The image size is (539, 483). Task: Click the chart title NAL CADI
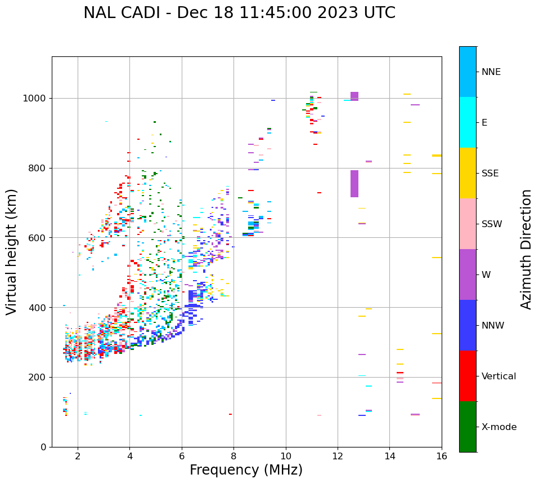239,13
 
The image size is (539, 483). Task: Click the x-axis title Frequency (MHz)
246,470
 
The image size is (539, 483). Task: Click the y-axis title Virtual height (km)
12,251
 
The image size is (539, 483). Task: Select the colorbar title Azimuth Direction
526,249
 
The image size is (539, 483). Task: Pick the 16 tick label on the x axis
442,456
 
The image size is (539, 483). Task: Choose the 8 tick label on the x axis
233,456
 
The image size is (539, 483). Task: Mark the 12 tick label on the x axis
338,456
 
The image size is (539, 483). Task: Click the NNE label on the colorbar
491,72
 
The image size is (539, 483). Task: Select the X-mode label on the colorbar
498,427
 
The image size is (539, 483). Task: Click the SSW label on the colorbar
491,224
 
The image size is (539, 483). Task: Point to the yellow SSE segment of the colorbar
468,173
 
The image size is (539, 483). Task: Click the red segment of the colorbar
468,376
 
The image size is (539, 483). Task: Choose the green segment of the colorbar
468,427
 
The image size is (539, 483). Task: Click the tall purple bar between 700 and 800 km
354,184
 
